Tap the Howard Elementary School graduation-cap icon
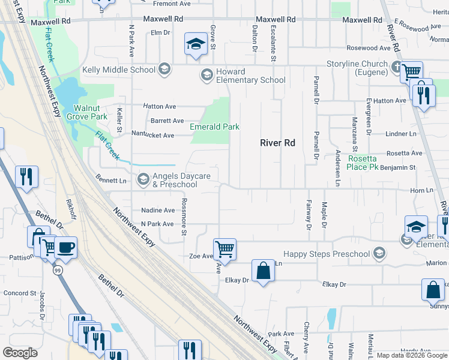point(206,74)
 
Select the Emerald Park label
point(214,127)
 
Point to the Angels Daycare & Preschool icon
point(143,179)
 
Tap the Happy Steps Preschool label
point(326,254)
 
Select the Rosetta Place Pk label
point(364,163)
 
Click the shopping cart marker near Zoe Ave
point(224,248)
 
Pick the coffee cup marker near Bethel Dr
point(65,247)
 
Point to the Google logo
point(20,353)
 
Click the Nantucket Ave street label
point(152,136)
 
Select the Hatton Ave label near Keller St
point(158,106)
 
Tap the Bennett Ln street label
point(111,180)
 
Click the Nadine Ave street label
point(157,210)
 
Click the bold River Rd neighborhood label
point(277,143)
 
